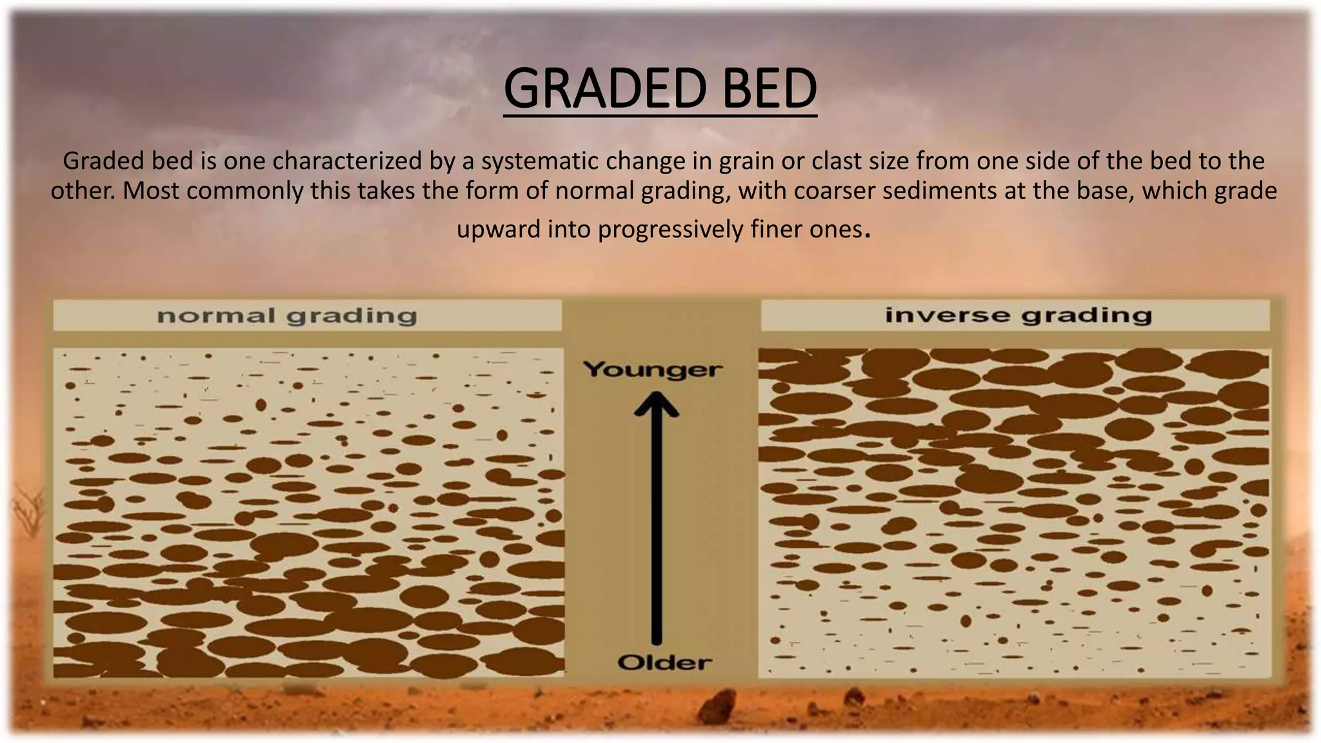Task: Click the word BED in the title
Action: click(x=769, y=89)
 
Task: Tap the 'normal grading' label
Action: click(x=287, y=316)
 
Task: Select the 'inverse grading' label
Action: click(x=1018, y=315)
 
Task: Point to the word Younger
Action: click(x=652, y=370)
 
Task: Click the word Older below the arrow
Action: click(x=664, y=662)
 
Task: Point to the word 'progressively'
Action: click(x=670, y=230)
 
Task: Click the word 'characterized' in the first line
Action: click(x=347, y=161)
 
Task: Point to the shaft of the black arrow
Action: click(x=656, y=529)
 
